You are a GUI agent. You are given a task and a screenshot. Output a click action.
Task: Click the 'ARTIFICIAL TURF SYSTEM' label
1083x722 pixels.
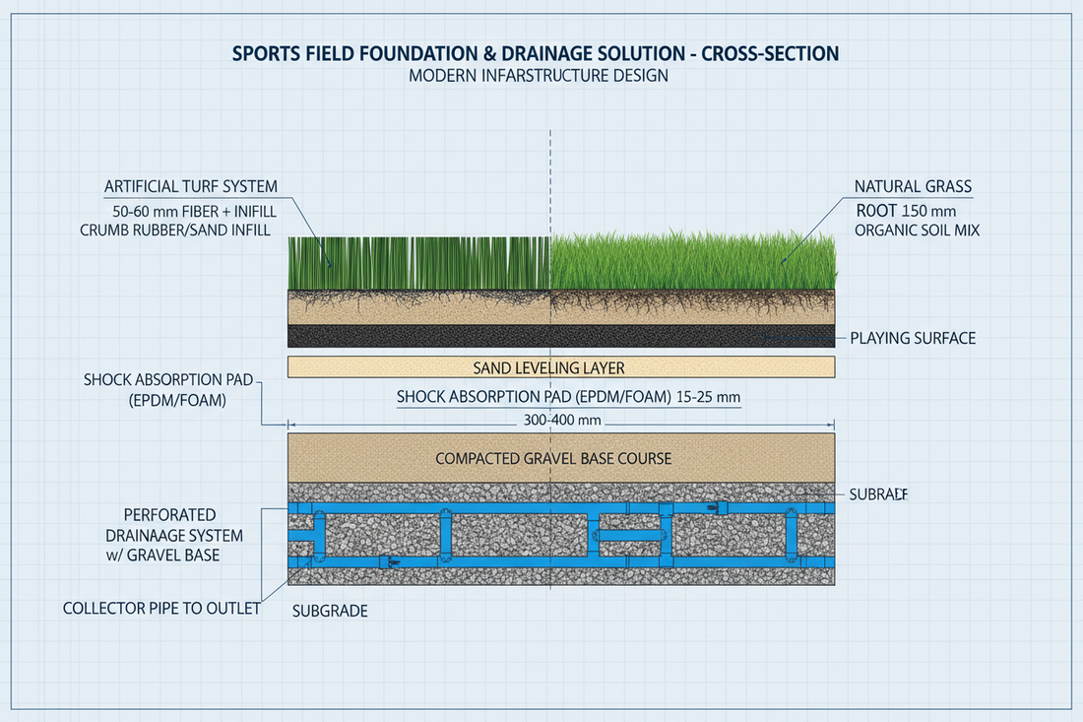coord(190,186)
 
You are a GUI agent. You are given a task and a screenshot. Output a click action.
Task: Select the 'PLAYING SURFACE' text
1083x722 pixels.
coord(912,338)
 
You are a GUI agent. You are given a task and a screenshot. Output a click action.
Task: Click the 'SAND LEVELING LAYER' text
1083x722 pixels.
coord(560,367)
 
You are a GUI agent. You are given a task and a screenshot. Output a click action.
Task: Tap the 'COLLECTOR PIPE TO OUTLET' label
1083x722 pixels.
coord(161,608)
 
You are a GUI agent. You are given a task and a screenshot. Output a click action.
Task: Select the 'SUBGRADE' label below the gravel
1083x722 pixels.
coord(330,611)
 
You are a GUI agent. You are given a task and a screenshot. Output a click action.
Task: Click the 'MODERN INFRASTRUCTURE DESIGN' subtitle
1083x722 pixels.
coord(539,76)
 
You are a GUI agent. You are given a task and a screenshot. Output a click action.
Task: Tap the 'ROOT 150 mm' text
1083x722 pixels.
coord(907,209)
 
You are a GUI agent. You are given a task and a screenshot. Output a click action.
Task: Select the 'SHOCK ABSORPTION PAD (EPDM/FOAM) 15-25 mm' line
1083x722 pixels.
coord(568,397)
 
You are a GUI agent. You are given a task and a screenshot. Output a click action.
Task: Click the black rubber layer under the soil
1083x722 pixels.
coord(560,336)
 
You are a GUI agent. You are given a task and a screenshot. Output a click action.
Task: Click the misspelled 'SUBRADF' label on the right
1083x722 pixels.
coord(877,493)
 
